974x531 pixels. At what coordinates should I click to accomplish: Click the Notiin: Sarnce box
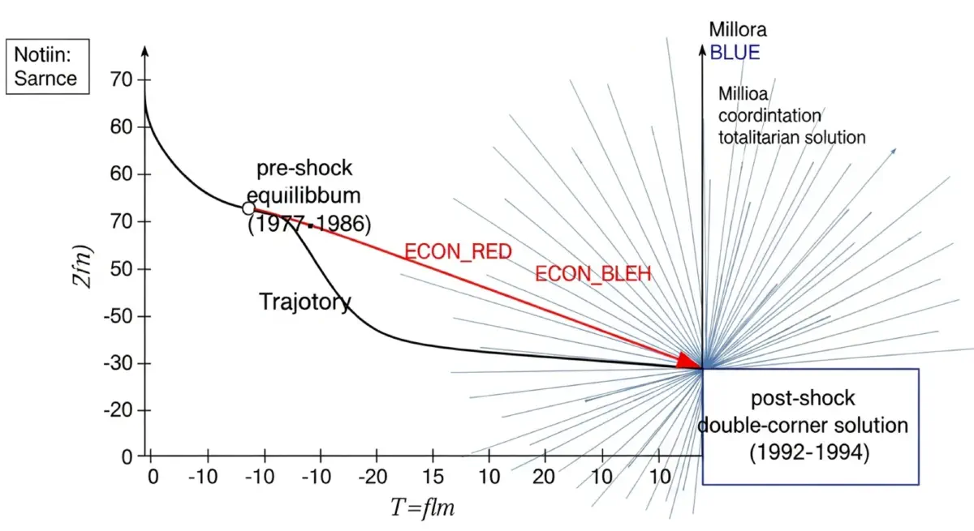(47, 67)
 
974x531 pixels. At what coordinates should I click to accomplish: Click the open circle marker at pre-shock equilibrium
(249, 208)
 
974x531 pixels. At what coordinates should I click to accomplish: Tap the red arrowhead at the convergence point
(690, 362)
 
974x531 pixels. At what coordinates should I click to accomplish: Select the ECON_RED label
(459, 252)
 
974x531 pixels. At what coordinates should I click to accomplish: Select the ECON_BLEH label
(593, 275)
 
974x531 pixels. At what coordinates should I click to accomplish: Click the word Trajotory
(305, 302)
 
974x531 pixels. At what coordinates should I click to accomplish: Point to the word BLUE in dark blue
(735, 54)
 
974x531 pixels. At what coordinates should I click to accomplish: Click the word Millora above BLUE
(737, 31)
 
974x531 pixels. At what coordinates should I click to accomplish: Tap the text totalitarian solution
(791, 137)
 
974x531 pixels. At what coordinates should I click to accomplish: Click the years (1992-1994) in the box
(808, 452)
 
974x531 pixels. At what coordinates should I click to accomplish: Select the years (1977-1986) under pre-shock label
(308, 223)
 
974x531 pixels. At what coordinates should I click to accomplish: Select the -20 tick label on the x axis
(375, 476)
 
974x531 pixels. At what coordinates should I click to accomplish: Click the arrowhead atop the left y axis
(145, 51)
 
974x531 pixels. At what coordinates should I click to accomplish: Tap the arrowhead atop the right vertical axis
(703, 49)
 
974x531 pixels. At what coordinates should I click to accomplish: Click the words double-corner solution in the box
(803, 425)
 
